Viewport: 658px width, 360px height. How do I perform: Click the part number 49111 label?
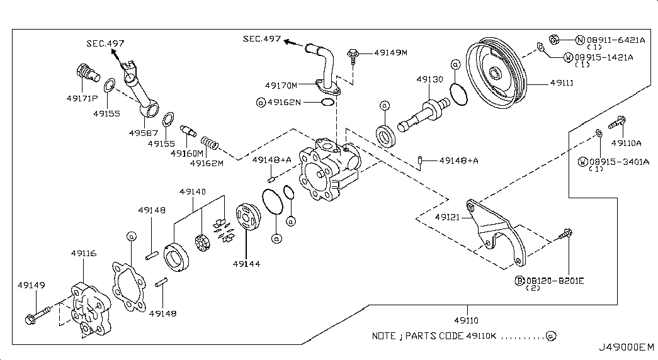(562, 82)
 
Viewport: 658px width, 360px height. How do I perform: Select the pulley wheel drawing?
(496, 74)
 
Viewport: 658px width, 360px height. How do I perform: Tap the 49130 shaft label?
(429, 79)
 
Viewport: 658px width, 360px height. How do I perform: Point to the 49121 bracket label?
(447, 217)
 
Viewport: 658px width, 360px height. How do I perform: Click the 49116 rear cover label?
(84, 254)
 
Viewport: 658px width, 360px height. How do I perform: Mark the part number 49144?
(246, 264)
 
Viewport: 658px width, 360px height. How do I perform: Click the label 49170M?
(281, 86)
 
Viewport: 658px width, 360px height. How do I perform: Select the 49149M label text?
(390, 53)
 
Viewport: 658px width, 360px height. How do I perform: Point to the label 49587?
(144, 133)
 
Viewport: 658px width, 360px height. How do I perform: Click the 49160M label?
(187, 154)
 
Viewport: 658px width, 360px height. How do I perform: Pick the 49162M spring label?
(207, 163)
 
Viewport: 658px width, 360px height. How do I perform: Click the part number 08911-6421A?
(616, 40)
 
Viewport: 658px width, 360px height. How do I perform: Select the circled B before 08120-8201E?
(519, 281)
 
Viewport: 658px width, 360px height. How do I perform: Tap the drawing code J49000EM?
(626, 347)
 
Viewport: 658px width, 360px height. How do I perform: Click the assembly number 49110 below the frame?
(466, 320)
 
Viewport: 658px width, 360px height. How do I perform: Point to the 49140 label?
(193, 192)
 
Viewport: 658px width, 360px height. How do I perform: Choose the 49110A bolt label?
(626, 143)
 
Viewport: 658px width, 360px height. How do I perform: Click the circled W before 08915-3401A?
(583, 162)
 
